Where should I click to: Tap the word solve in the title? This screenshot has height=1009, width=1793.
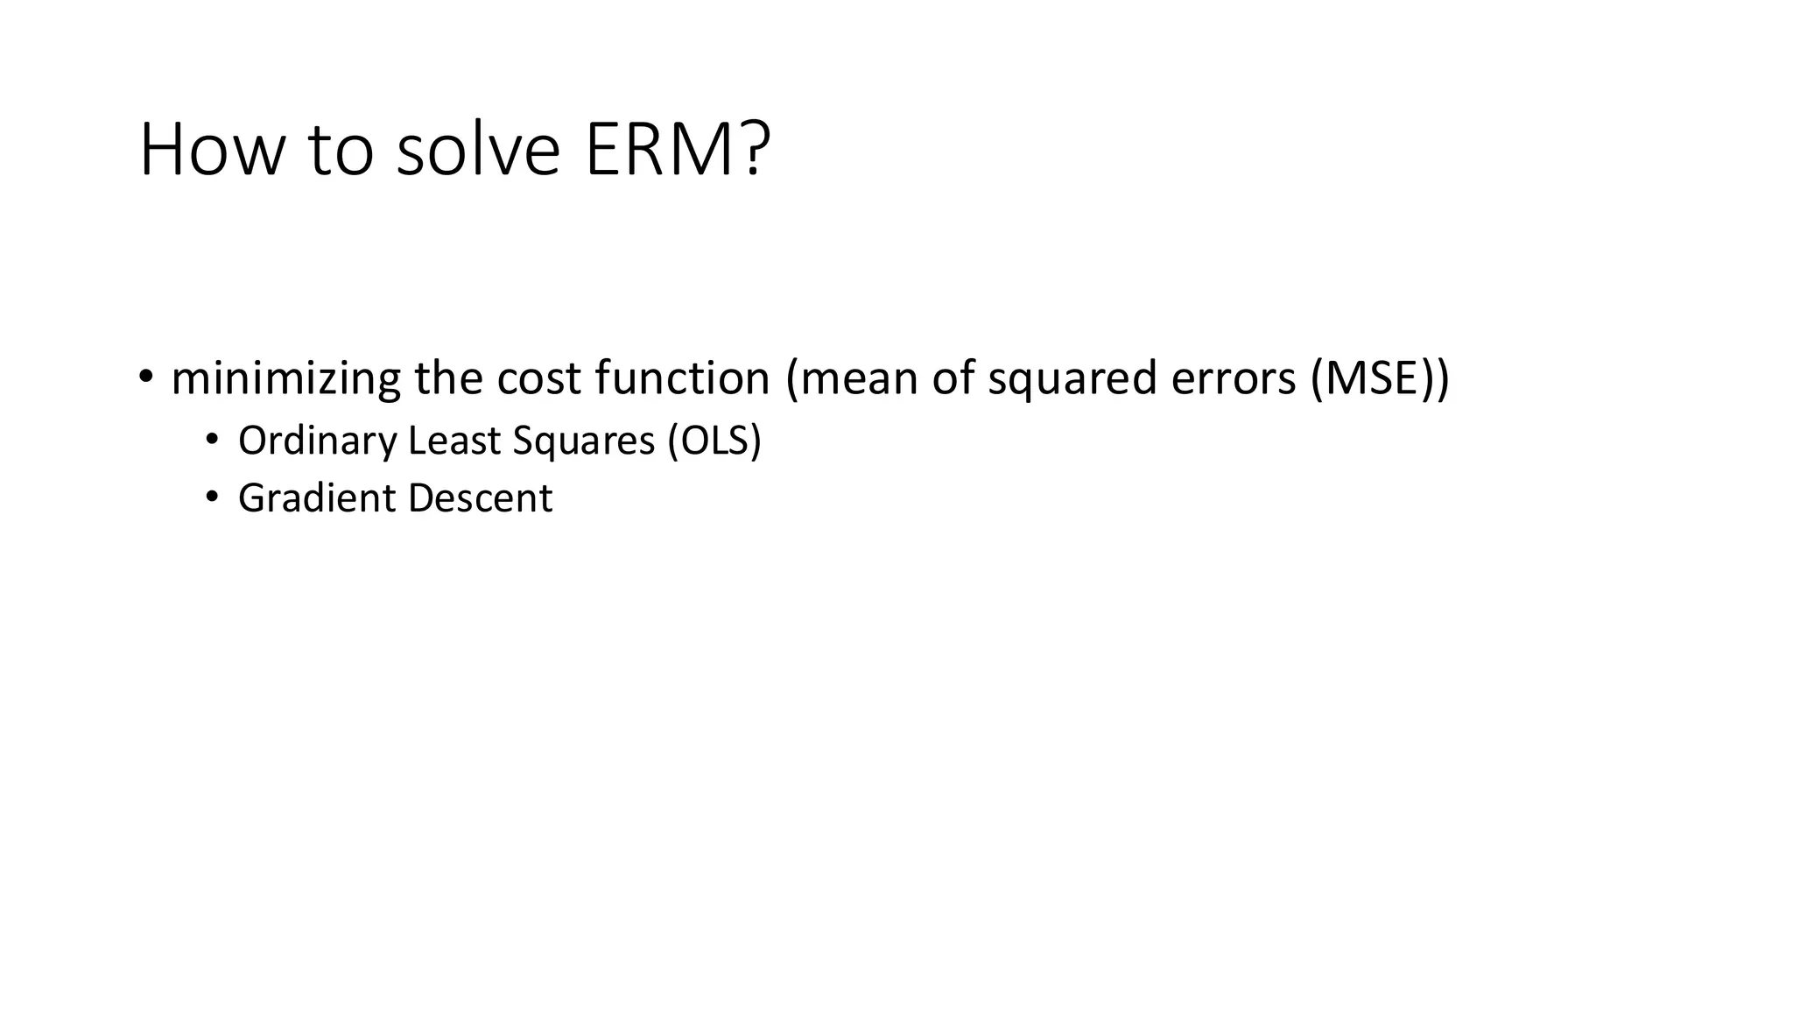coord(478,150)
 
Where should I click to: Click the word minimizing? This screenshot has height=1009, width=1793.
coord(286,378)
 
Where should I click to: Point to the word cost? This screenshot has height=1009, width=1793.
coord(538,378)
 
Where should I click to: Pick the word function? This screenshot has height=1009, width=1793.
coord(682,378)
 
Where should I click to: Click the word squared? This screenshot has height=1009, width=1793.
coord(1072,380)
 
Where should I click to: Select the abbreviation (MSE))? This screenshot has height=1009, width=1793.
coord(1381,378)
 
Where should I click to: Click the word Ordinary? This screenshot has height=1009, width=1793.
coord(318,441)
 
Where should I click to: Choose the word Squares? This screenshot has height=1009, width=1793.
coord(584,441)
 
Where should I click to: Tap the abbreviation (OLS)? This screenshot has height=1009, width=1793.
coord(714,440)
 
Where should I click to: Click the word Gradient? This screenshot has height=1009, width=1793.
coord(317,497)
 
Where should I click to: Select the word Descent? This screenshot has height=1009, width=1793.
coord(480,497)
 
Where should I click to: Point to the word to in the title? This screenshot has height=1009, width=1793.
coord(341,150)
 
